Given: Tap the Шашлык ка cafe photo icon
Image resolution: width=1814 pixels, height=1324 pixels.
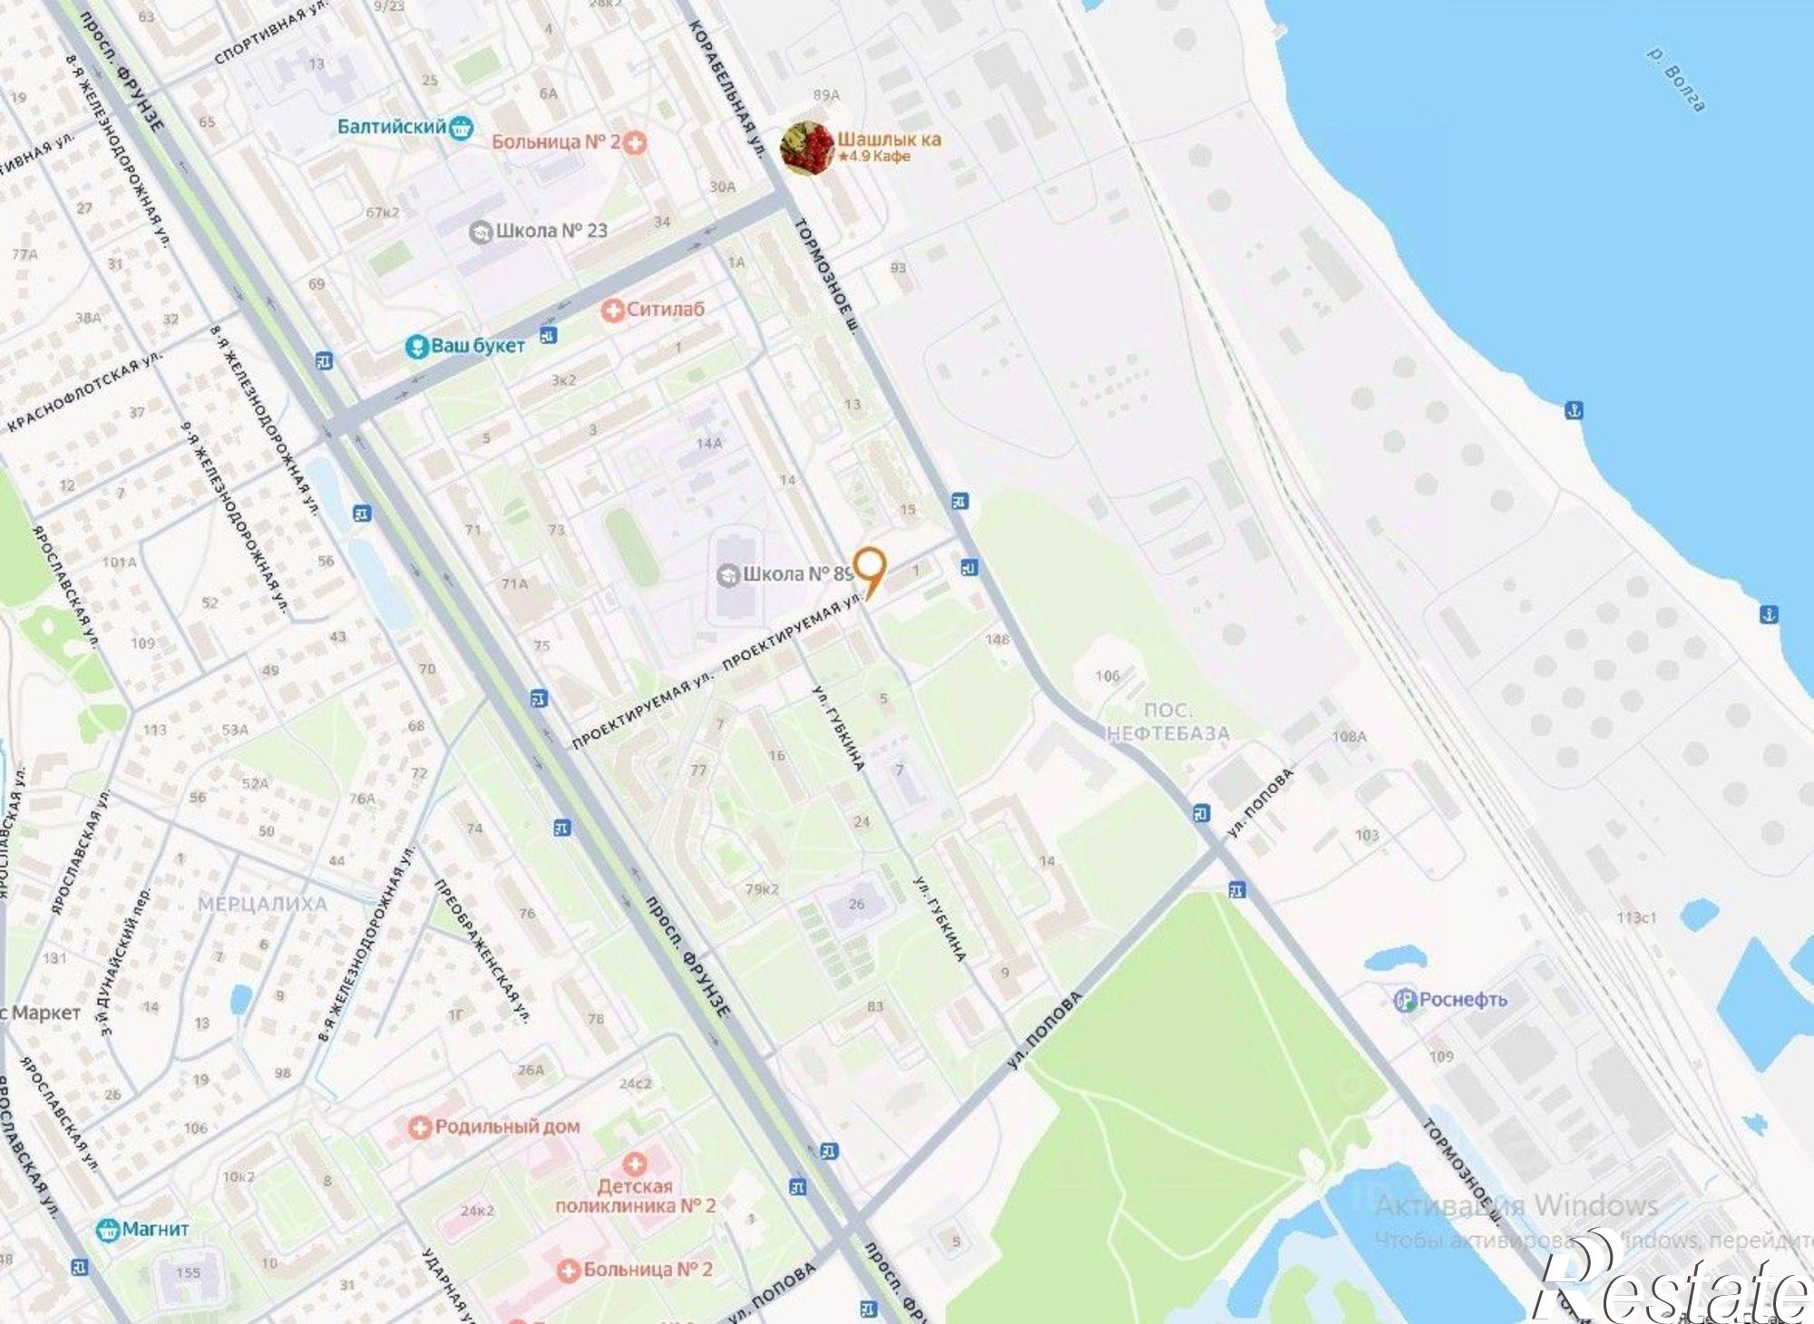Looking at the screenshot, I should (x=806, y=147).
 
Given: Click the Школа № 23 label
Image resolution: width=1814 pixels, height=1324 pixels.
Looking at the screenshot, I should (x=539, y=230).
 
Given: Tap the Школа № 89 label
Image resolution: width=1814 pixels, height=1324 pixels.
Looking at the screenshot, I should (x=785, y=574).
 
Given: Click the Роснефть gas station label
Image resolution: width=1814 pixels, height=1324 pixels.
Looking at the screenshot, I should (x=1450, y=999).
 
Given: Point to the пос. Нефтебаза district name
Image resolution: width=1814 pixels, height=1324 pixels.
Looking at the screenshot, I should (x=1167, y=722).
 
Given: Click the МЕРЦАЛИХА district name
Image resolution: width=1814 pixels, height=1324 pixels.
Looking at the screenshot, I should (x=262, y=904).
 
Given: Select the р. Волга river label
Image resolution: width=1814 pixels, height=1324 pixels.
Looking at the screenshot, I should (x=1676, y=80).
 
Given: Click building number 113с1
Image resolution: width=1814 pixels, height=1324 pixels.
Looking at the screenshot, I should (x=1635, y=917).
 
